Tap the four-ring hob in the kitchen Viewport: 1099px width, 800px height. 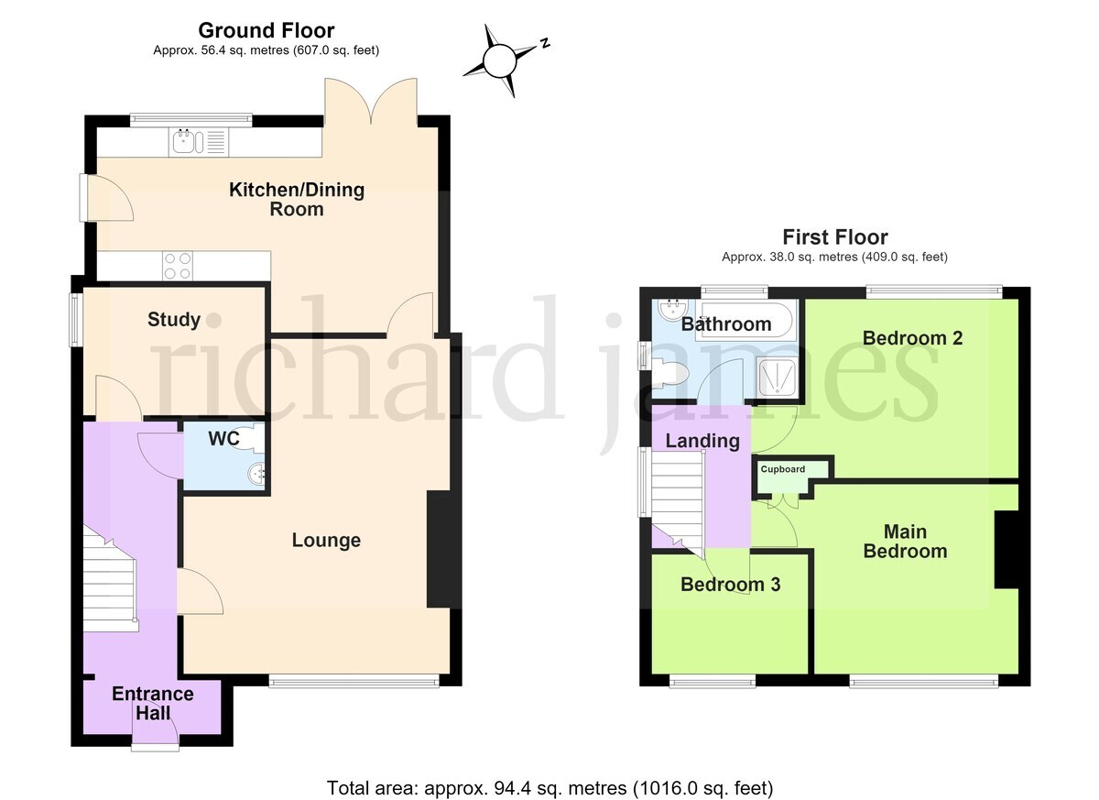178,266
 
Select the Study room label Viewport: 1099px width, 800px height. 174,320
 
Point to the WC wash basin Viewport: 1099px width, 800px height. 256,474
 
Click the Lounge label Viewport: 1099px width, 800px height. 326,541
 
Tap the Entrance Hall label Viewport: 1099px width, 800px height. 153,703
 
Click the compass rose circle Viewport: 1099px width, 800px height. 500,60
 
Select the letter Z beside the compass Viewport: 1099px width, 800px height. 544,43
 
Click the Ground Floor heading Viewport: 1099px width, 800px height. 267,30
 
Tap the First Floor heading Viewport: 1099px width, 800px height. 835,237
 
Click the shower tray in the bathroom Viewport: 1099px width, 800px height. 777,377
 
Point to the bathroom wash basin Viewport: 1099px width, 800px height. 674,309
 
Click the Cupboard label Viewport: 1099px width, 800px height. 782,469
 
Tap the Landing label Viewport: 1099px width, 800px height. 702,441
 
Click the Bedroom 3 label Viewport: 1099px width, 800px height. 731,585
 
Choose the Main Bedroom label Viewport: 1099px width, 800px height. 905,542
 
